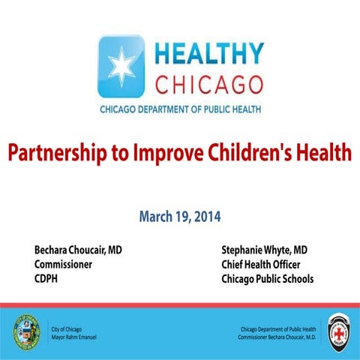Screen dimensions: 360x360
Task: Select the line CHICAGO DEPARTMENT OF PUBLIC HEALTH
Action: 182,109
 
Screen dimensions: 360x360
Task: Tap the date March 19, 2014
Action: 180,217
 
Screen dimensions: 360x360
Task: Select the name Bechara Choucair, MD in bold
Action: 78,250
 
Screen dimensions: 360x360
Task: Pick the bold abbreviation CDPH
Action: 47,279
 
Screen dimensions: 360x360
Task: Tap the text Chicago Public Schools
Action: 268,279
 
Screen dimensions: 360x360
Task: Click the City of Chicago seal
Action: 25,330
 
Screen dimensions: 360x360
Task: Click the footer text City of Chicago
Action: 67,328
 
